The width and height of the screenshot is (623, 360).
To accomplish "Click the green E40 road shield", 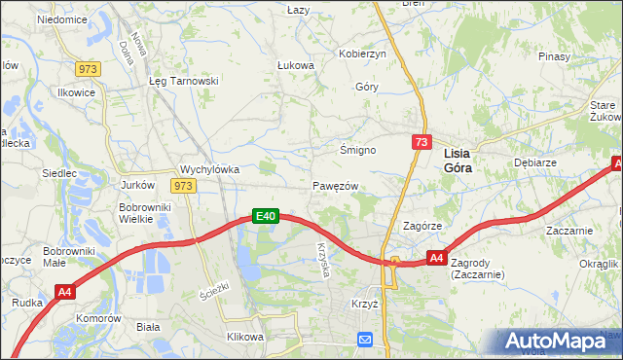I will point(267,216).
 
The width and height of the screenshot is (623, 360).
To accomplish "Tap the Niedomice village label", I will point(61,19).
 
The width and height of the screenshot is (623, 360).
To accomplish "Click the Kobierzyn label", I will point(362,54).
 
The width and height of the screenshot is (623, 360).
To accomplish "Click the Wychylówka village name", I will point(210,168).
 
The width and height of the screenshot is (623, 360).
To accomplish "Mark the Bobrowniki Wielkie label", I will point(144,213).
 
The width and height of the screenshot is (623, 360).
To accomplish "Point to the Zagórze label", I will point(422,225).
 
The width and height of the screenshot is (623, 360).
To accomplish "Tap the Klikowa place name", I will point(245,337).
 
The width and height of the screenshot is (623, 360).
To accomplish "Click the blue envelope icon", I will point(364,340).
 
